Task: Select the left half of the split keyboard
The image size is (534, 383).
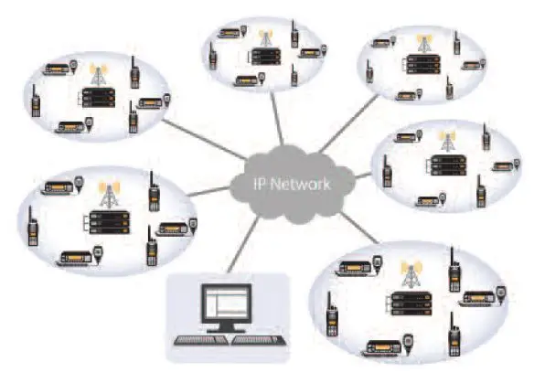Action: [x=199, y=340]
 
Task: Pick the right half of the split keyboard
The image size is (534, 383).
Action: [x=259, y=340]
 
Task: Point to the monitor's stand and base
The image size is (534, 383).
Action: [x=227, y=327]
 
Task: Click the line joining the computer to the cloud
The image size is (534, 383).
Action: [x=243, y=245]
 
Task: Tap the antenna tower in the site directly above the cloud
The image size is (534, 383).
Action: [x=266, y=37]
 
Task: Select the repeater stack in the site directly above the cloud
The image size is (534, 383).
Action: [x=266, y=57]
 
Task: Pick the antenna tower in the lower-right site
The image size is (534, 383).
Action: [x=411, y=274]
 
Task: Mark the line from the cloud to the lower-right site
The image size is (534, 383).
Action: [x=359, y=228]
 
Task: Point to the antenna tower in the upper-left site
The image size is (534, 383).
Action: [x=99, y=73]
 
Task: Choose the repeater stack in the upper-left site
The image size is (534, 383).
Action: [x=98, y=98]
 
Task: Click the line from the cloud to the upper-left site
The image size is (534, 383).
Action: [x=205, y=140]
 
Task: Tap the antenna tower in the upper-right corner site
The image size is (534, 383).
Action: [x=423, y=43]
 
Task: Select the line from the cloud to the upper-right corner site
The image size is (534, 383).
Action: [x=348, y=124]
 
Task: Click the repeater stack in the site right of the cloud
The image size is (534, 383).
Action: [x=447, y=165]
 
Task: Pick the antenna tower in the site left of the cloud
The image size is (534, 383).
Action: [x=110, y=195]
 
